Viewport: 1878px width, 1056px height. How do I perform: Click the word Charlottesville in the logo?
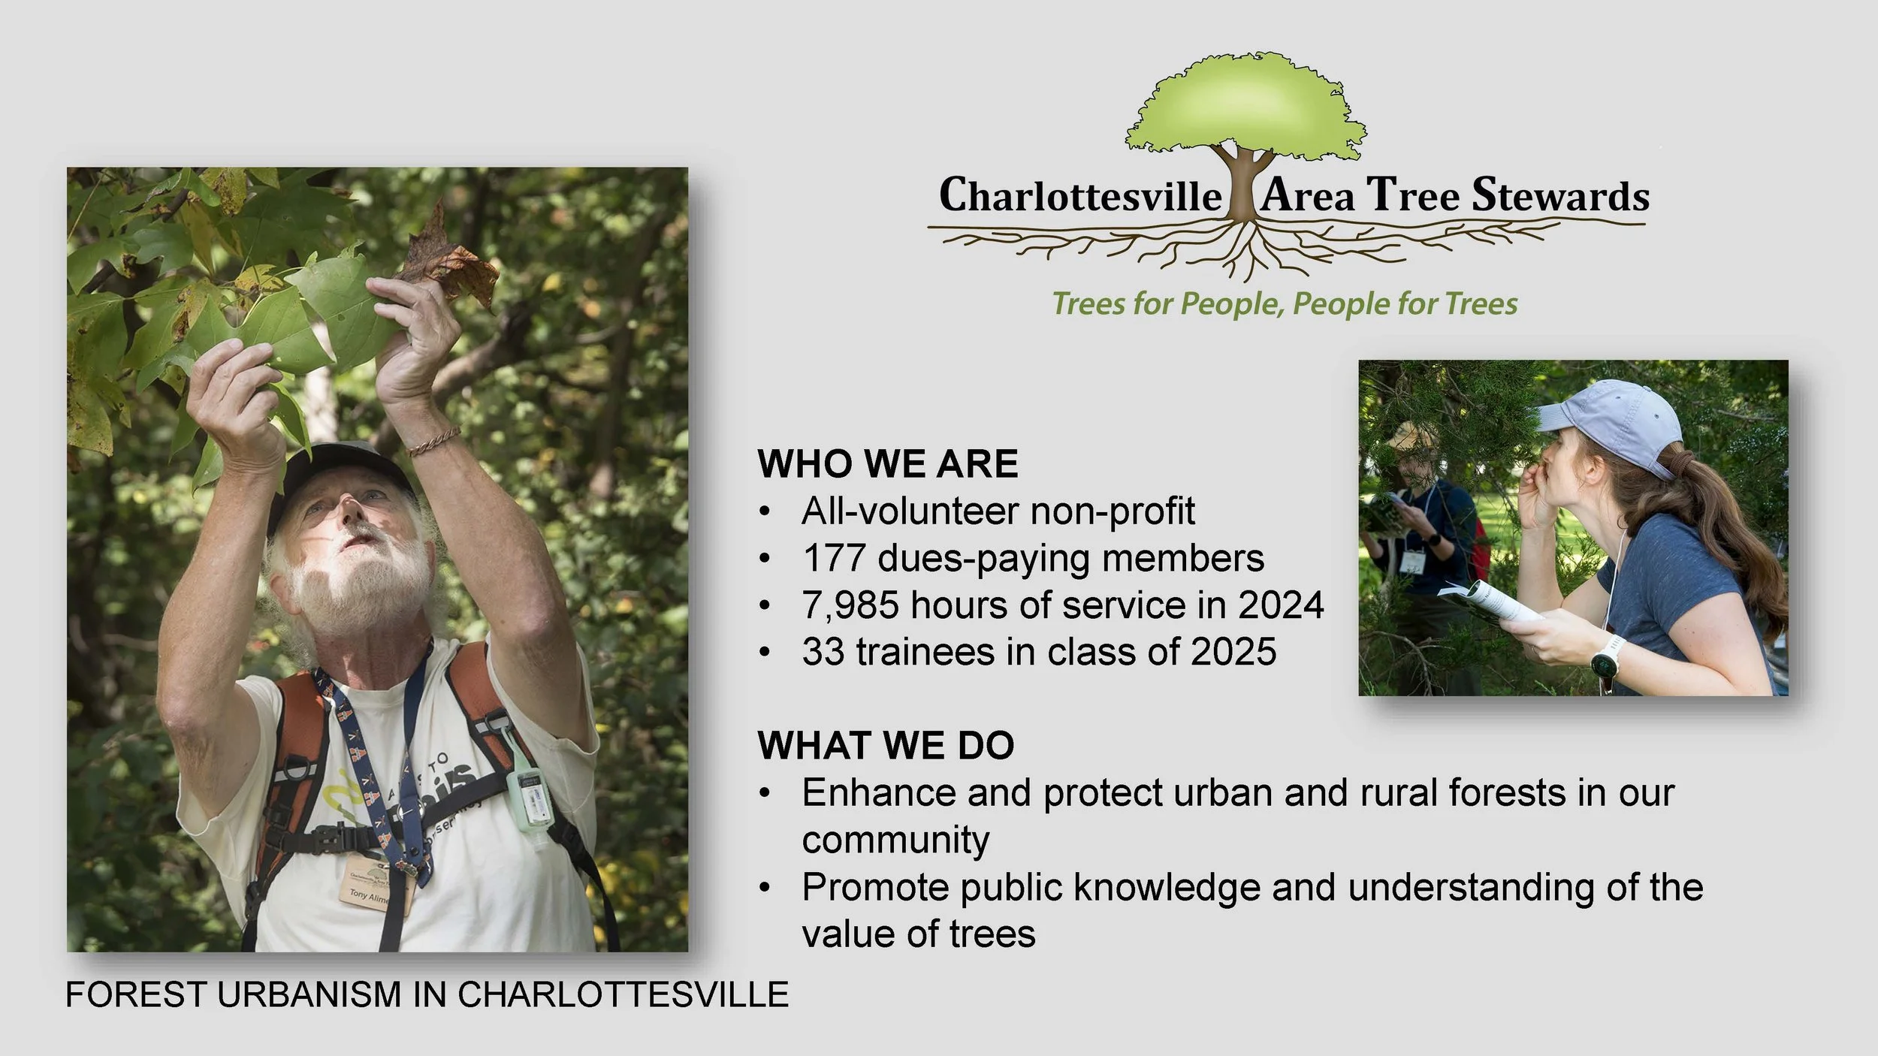point(1080,196)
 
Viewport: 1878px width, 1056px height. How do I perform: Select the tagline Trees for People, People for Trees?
point(1284,304)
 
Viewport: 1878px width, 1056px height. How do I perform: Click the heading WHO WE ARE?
point(887,463)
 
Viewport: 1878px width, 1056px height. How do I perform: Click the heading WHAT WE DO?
point(886,745)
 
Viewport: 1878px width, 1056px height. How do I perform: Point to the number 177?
point(834,558)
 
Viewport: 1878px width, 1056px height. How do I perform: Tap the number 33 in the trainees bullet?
point(823,652)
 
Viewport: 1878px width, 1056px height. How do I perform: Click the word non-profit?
point(1112,511)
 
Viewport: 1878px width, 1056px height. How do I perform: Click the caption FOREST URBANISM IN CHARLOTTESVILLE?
point(427,994)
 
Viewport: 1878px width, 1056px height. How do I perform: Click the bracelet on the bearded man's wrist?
point(433,441)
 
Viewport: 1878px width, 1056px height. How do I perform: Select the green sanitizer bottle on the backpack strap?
point(529,793)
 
